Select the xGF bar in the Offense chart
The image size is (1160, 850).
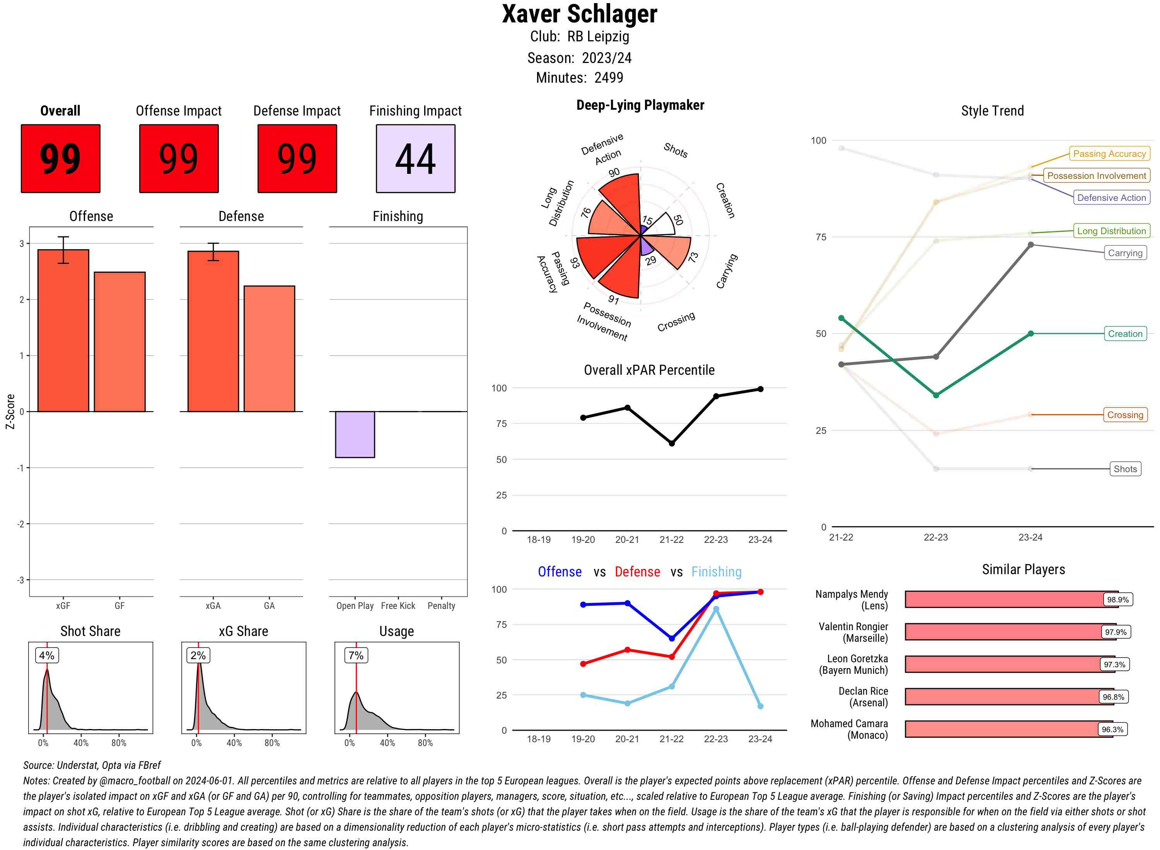click(63, 330)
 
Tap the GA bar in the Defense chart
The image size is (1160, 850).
click(269, 348)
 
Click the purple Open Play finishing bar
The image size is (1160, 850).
click(355, 434)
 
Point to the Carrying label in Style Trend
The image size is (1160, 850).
click(1124, 253)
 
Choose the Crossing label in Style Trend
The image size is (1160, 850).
click(1124, 415)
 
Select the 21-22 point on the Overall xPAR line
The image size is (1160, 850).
click(671, 443)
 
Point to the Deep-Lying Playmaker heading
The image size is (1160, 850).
click(640, 105)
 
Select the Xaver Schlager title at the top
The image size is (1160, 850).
click(579, 14)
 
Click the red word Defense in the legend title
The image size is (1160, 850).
click(637, 572)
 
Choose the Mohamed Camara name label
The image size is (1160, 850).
click(849, 729)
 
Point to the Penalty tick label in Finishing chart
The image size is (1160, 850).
click(441, 605)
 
